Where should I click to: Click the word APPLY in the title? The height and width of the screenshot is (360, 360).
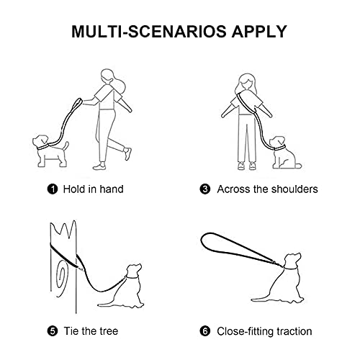[x=259, y=32]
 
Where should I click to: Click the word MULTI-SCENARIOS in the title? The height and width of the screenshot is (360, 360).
[x=149, y=32]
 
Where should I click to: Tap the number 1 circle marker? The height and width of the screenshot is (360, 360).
[x=53, y=189]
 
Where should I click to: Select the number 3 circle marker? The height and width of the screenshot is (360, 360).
[x=205, y=189]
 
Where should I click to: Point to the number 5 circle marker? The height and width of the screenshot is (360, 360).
[x=53, y=331]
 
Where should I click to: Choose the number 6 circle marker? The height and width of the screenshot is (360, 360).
[x=205, y=331]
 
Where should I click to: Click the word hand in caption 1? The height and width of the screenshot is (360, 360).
[x=112, y=189]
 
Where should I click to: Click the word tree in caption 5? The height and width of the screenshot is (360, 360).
[x=109, y=331]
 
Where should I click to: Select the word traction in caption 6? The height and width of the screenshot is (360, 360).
[x=294, y=331]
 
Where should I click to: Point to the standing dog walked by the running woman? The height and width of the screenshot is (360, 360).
[x=50, y=150]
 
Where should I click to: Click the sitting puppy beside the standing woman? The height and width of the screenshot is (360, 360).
[x=285, y=153]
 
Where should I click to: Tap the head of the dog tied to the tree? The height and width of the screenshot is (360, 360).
[x=134, y=271]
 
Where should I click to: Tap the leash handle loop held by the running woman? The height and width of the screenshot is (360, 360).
[x=77, y=104]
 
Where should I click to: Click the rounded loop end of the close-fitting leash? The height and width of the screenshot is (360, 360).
[x=207, y=240]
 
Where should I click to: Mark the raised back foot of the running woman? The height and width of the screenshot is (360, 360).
[x=127, y=154]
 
